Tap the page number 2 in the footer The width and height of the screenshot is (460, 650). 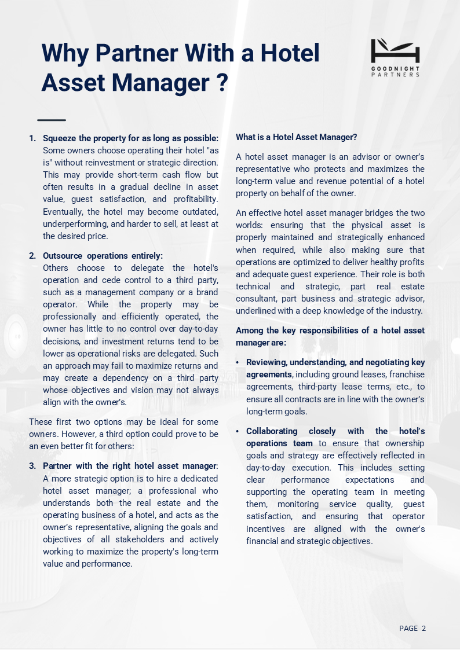(424, 629)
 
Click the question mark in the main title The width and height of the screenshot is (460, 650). (220, 83)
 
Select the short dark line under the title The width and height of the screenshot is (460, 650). (52, 120)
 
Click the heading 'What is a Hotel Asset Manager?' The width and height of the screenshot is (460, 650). (296, 137)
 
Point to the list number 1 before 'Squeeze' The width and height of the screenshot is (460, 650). (32, 138)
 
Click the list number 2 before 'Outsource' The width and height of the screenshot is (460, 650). (32, 256)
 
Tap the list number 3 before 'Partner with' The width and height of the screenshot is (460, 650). (32, 467)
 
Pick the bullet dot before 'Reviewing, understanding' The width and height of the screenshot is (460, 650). (238, 363)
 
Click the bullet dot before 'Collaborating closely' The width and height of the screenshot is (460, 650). (238, 432)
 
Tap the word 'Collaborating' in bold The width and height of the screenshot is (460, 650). (272, 431)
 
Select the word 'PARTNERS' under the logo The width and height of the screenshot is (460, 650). (395, 75)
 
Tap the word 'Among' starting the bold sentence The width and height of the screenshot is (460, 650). (249, 330)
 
